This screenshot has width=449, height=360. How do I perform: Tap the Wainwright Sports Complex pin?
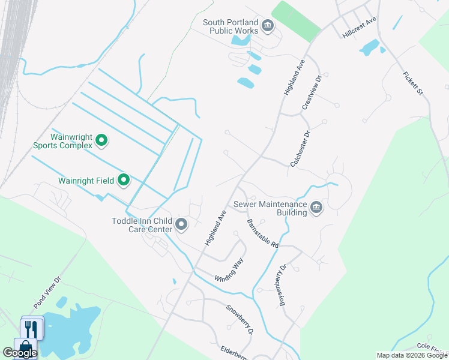101,141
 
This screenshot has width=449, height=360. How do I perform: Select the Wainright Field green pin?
124,179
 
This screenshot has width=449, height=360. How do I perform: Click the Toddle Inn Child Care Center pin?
181,225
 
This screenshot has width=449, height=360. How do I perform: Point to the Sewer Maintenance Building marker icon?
316,208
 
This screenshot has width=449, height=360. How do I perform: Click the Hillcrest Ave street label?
359,28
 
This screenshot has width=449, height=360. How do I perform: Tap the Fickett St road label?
413,83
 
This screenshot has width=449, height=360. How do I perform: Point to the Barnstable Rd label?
263,233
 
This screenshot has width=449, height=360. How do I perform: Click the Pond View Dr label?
47,292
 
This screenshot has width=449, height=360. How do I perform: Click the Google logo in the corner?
19,353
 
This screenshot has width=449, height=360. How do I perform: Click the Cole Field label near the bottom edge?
432,347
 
